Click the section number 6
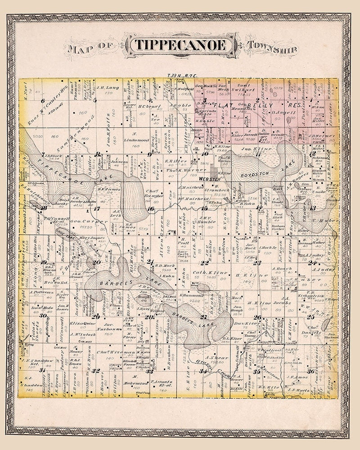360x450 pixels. [x=43, y=100]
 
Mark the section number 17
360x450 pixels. [x=95, y=208]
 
